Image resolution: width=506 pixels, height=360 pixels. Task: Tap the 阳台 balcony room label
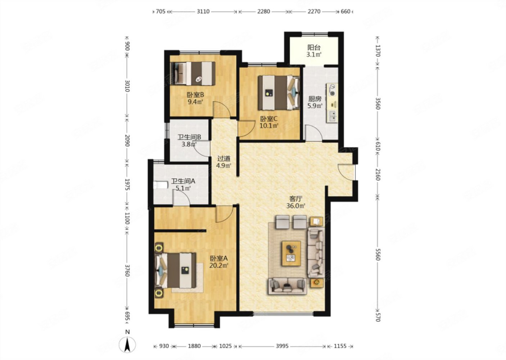[x=314, y=48]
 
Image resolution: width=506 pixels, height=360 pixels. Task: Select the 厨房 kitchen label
[x=315, y=99]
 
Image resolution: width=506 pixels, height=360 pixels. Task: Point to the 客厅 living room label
[x=296, y=199]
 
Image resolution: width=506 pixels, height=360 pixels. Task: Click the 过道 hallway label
[x=224, y=159]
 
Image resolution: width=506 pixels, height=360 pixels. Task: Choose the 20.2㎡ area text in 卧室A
[x=219, y=265]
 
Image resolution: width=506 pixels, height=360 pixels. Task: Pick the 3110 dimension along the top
[x=203, y=11]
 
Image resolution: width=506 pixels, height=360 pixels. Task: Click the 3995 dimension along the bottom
[x=282, y=346]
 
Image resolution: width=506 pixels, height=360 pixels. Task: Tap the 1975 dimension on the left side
[x=127, y=184]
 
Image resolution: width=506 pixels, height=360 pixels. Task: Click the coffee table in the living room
[x=291, y=253]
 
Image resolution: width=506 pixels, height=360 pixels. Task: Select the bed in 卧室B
[x=193, y=73]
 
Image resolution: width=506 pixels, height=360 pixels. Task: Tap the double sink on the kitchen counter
[x=332, y=116]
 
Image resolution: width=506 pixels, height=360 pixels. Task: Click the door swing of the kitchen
[x=313, y=134]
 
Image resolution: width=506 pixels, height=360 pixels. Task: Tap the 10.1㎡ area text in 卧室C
[x=268, y=126]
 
